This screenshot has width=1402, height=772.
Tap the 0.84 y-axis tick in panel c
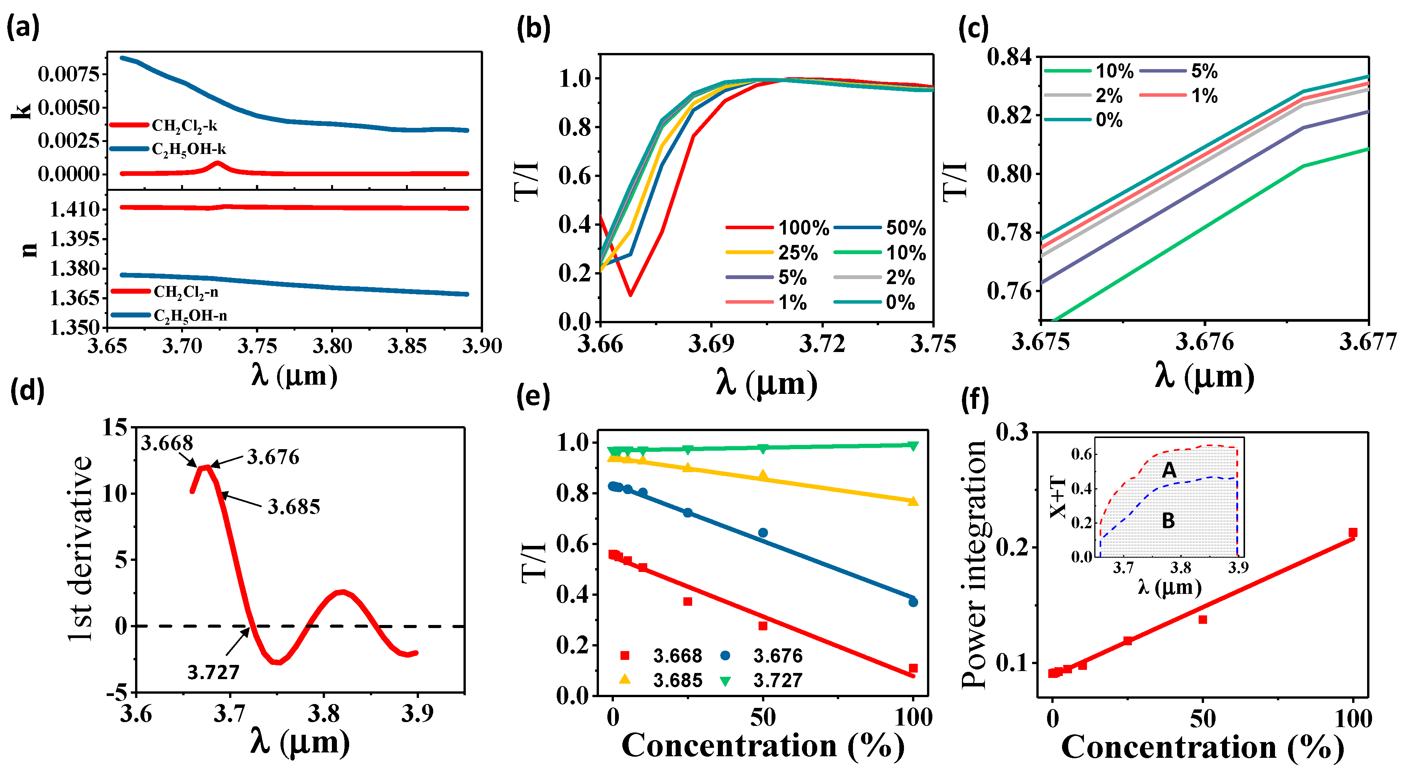tap(1009, 56)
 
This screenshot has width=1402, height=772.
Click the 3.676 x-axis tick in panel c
tap(1204, 342)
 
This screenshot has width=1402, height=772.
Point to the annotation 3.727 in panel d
tap(213, 672)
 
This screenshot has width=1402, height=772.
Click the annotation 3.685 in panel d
tap(294, 507)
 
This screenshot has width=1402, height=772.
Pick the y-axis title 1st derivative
tap(81, 550)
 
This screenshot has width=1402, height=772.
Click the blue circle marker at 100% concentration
tap(913, 602)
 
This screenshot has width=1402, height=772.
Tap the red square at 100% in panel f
tap(1353, 532)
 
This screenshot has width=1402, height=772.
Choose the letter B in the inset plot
tap(1168, 521)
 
